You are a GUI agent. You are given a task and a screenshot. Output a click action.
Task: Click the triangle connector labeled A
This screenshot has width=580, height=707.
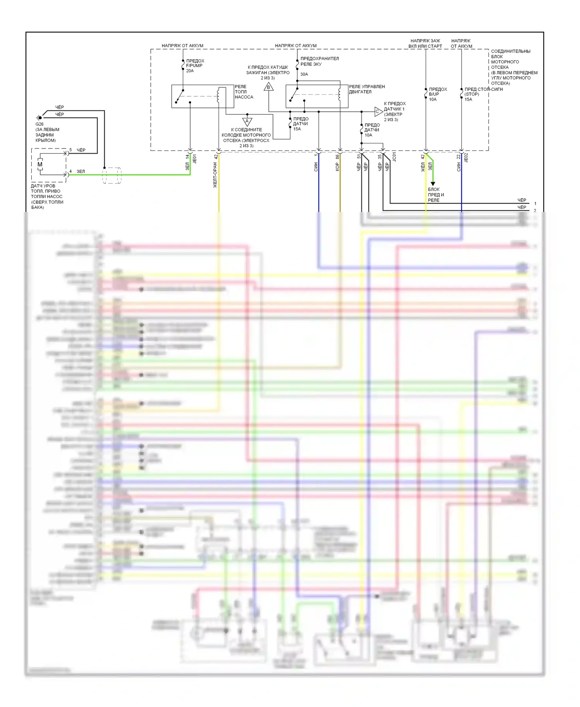(247, 121)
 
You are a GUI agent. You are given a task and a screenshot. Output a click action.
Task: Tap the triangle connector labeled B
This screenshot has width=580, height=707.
(269, 87)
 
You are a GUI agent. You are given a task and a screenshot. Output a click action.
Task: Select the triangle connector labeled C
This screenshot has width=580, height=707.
(378, 112)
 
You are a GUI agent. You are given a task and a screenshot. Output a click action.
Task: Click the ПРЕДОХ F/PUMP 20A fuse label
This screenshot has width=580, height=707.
(195, 66)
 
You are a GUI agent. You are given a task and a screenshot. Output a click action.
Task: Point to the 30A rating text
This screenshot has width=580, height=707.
(304, 74)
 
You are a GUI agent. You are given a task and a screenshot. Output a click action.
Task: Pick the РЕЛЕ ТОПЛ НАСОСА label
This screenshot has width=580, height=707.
(244, 92)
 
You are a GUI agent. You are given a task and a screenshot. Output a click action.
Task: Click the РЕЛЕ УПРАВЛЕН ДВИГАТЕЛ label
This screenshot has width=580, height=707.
(367, 89)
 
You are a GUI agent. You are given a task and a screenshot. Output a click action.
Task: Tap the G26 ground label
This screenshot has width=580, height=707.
(39, 124)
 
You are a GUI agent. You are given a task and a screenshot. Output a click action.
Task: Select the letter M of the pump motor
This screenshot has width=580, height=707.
(40, 164)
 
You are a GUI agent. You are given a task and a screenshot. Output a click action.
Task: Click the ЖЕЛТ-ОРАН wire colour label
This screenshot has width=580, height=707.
(215, 175)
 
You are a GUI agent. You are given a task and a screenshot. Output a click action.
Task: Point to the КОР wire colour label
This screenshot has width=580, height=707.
(337, 167)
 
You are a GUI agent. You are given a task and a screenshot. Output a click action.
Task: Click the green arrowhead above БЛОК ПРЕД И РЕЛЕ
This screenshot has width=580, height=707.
(433, 184)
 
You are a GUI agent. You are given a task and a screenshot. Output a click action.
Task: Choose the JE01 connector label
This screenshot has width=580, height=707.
(195, 159)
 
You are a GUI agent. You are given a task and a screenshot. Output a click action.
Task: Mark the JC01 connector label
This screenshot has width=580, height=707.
(394, 157)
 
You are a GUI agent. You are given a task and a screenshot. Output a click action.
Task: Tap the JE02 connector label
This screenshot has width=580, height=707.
(466, 157)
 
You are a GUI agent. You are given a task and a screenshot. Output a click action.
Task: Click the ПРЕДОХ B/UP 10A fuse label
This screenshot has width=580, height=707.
(437, 94)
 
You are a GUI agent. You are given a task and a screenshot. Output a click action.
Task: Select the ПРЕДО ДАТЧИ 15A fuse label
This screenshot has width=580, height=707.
(300, 124)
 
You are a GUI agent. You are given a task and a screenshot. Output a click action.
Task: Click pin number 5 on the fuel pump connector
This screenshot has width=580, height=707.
(70, 150)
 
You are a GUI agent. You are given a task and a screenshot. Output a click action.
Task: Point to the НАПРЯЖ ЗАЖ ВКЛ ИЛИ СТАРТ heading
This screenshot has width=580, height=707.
(425, 43)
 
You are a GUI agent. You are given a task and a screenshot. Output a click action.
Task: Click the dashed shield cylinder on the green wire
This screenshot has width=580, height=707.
(112, 175)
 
